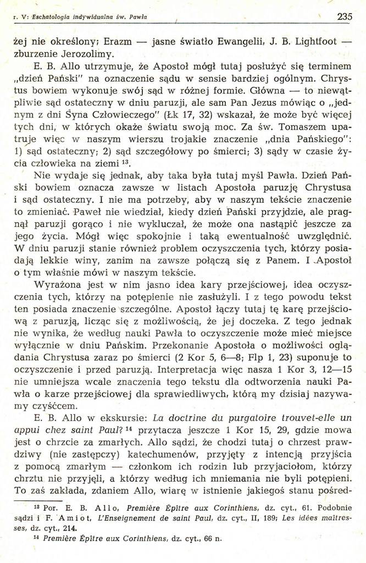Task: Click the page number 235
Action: pyautogui.click(x=345, y=17)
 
